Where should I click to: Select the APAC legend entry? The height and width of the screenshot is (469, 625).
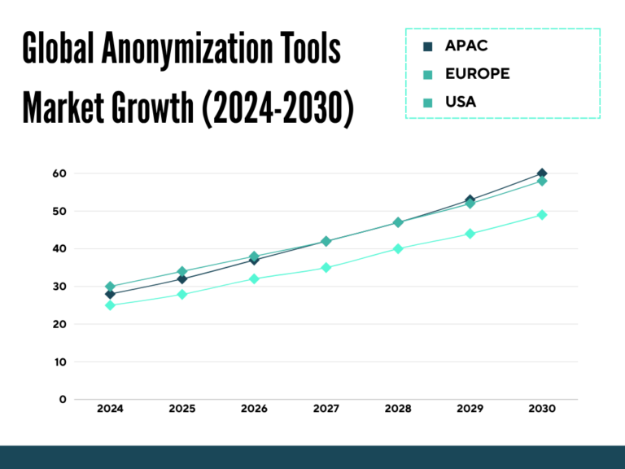(465, 46)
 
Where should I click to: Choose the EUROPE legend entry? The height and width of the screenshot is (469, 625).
(477, 73)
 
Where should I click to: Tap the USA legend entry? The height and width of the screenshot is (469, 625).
(461, 102)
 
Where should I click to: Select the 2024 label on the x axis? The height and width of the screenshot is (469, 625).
(110, 410)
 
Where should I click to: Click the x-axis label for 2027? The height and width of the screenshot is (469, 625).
(326, 410)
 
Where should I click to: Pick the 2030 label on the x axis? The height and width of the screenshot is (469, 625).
(541, 410)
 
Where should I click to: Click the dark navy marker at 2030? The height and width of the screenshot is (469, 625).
(542, 173)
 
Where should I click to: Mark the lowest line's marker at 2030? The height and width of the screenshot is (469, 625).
(542, 215)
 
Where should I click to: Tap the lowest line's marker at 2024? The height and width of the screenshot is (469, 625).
(110, 305)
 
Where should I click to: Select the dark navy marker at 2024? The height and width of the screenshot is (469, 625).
(110, 294)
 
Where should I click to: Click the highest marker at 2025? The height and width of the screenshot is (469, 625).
(182, 271)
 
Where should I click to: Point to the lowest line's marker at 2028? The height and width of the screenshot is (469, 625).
(398, 248)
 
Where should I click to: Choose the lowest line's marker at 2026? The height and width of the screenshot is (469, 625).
(254, 278)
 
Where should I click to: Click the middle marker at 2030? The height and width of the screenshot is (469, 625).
(542, 181)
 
